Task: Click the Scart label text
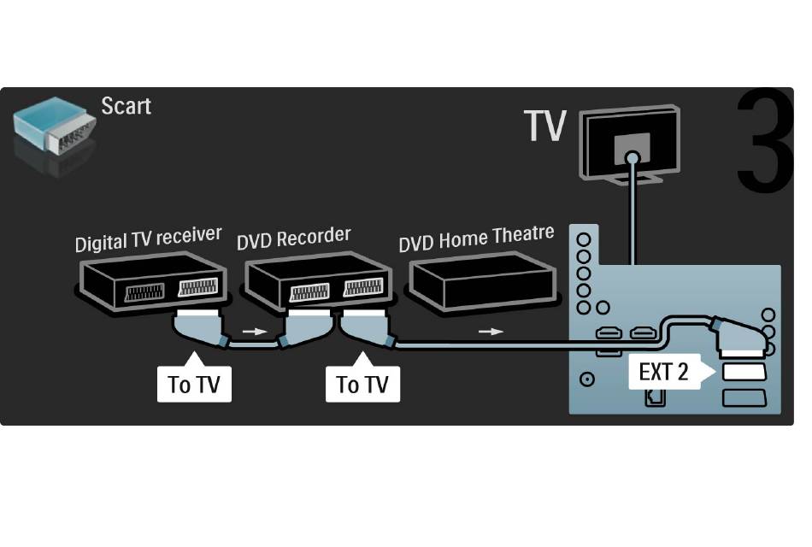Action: point(126,106)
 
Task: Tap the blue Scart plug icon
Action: point(55,126)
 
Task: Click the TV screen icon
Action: point(630,144)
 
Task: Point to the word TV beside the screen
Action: point(544,126)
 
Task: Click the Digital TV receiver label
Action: point(149,239)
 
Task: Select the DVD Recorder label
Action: point(294,238)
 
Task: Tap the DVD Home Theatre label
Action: point(476,238)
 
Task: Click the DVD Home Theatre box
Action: point(483,281)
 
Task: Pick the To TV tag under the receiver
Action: point(194,383)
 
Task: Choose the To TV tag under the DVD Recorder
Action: point(362,383)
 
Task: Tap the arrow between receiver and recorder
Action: point(255,332)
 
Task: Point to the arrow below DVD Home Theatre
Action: point(491,332)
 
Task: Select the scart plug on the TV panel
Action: point(739,338)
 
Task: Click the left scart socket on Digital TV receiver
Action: point(145,292)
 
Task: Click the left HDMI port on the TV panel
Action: point(609,332)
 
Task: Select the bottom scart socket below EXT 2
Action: point(744,397)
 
